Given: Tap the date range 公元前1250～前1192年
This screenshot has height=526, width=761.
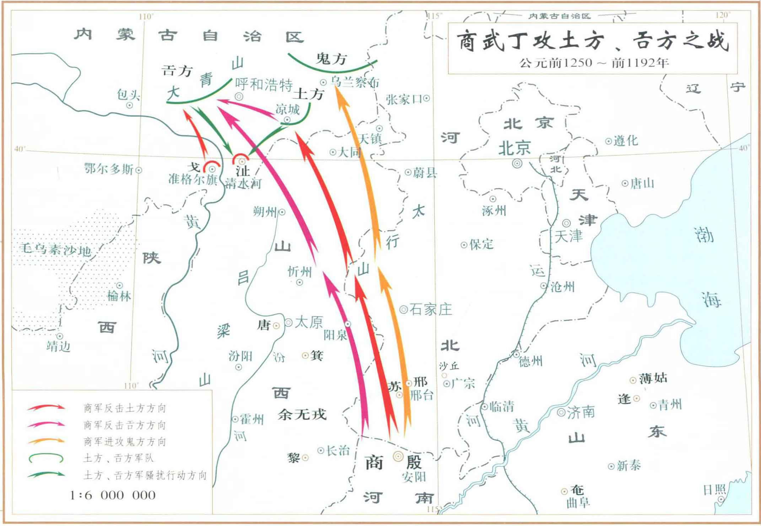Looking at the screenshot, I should coord(594,63).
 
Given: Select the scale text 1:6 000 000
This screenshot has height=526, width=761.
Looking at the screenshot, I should coord(113,495).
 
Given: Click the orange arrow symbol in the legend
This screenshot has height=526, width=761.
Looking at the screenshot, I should coord(46,441).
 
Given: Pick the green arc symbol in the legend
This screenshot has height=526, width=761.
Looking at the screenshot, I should coord(46,458).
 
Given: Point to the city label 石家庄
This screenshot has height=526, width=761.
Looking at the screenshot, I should coord(431,310).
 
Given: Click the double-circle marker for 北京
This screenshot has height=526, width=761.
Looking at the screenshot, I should coord(517,164).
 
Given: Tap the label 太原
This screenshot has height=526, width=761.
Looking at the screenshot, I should coord(309,322).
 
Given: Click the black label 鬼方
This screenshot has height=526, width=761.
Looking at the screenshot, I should coord(331,59).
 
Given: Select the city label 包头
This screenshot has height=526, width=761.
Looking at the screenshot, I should coord(128,95).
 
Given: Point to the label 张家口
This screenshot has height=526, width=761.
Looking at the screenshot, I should coord(404,99).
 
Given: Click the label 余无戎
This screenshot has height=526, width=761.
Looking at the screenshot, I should coord(302,415).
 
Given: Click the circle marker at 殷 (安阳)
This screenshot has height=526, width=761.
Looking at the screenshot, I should coord(398,456).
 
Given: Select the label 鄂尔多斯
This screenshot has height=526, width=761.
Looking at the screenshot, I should coord(109,169).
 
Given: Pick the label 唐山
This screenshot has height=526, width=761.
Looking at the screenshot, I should coord(642,184).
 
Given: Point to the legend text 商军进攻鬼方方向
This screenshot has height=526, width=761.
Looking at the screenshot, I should coord(125,442).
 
